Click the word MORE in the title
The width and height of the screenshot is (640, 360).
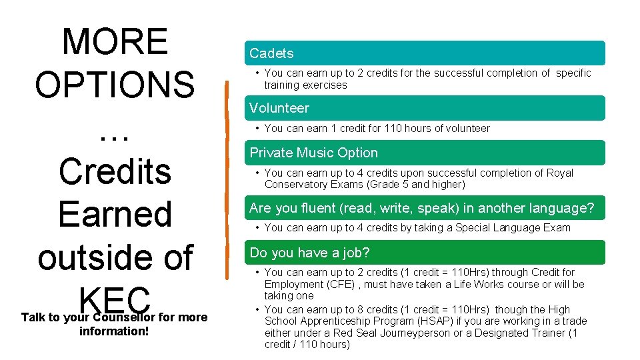tap(115, 41)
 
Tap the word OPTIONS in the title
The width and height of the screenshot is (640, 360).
tap(115, 85)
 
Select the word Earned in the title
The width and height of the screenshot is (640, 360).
tap(115, 214)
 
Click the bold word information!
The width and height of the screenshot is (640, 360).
tap(114, 331)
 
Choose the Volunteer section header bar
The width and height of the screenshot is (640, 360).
tap(427, 108)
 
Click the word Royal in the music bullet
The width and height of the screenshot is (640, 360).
tap(559, 173)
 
